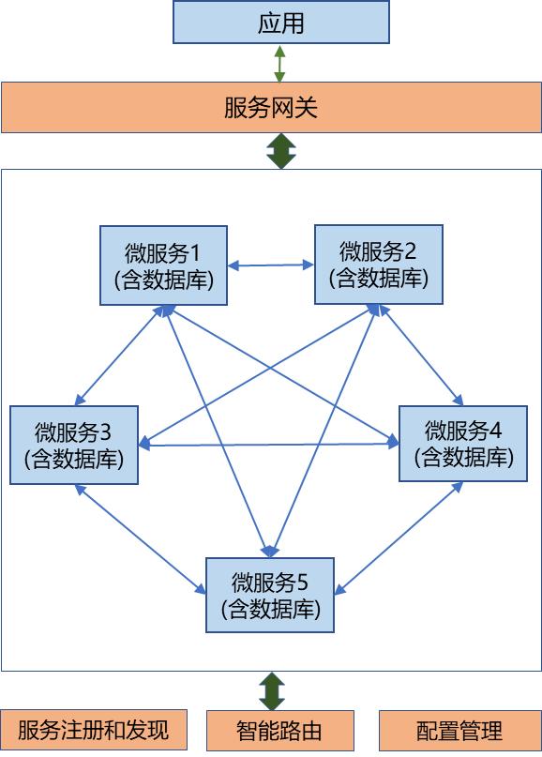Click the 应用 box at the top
(281, 23)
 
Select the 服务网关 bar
(271, 107)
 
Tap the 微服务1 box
(163, 265)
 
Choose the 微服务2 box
(379, 265)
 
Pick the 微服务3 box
(74, 445)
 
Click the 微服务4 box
(463, 443)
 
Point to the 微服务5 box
(270, 595)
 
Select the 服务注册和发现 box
(94, 730)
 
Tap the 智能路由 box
(280, 731)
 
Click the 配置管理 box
(460, 731)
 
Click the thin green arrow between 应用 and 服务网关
(279, 63)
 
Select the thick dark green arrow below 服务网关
(281, 151)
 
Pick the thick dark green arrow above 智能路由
(272, 691)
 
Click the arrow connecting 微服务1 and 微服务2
(271, 265)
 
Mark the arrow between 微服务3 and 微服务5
(140, 538)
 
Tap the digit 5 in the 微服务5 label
(303, 583)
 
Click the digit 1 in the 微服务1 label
(195, 252)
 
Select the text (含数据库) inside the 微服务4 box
(463, 457)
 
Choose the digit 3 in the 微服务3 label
(105, 432)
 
